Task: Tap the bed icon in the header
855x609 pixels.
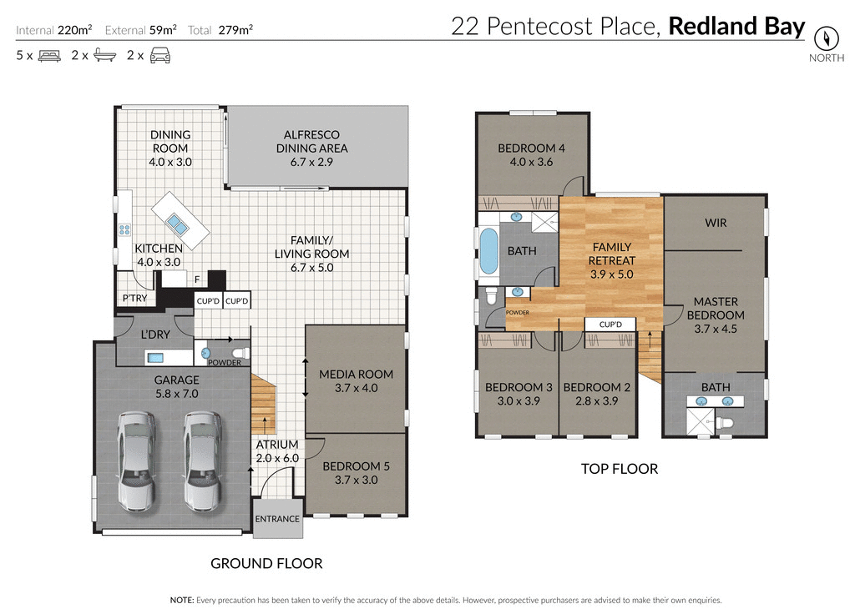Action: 49,56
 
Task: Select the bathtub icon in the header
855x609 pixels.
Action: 104,56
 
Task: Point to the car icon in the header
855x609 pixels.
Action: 159,56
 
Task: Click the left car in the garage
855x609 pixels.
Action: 136,460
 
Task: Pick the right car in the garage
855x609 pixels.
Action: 202,460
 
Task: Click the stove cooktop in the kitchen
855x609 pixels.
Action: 124,230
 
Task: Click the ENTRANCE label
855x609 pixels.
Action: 277,519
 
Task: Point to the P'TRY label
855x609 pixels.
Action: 134,299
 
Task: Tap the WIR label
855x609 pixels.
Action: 716,222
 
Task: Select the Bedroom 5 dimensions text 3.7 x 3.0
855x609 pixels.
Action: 356,480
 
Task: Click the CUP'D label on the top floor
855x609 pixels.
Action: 610,324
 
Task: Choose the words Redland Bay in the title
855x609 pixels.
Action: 737,26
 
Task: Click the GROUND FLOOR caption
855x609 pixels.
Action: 266,563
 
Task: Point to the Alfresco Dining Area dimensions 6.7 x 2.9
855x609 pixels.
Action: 311,162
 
